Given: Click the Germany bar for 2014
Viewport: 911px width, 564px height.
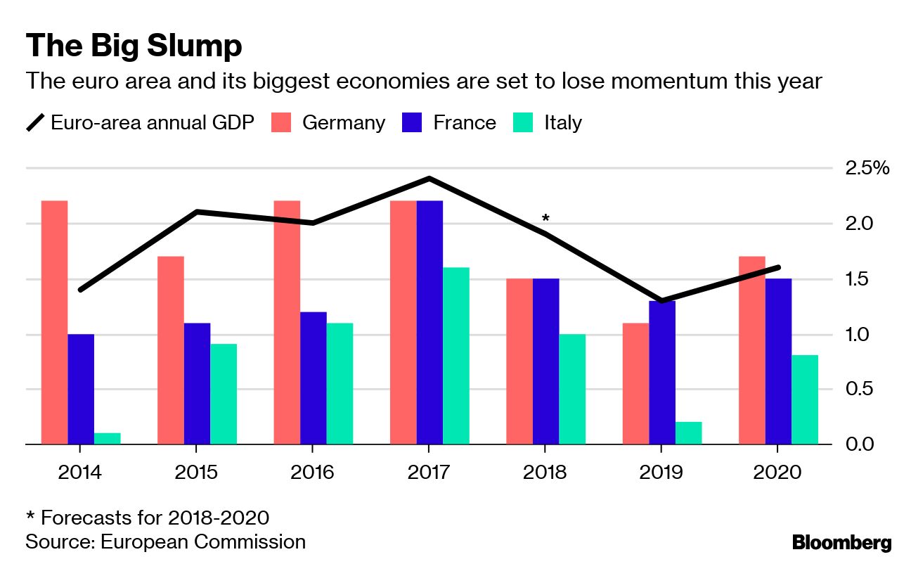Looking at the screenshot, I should [54, 323].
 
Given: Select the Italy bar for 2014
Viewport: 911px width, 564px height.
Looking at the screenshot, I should [107, 438].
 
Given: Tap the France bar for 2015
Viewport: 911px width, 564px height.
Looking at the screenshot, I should [197, 383].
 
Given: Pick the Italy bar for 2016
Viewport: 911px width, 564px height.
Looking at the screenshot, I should [340, 383].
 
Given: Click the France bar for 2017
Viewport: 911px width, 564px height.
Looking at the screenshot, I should [429, 323].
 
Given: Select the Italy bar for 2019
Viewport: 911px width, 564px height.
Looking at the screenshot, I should [689, 432].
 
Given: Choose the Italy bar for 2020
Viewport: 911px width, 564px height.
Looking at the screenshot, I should [805, 399].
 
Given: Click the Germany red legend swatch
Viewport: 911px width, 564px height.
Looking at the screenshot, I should [280, 123].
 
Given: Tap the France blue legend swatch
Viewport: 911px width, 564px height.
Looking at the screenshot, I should [411, 123].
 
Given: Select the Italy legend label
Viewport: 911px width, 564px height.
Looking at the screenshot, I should [563, 123].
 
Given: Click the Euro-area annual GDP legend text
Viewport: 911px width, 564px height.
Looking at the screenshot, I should [153, 123].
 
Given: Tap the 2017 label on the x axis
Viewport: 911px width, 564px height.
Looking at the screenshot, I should [428, 472].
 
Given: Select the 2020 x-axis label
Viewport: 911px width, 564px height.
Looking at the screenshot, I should [777, 472].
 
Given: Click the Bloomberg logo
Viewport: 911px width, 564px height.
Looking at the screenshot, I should [841, 543].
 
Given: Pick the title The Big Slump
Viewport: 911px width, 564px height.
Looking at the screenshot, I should [134, 46].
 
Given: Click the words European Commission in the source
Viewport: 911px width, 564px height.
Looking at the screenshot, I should [203, 542].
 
